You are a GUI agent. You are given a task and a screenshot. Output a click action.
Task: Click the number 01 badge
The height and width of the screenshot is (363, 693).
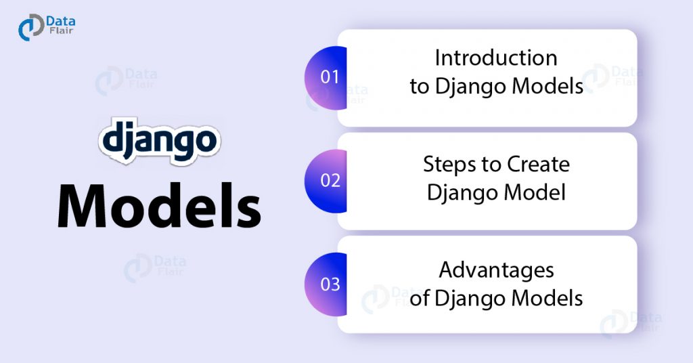[x=330, y=77]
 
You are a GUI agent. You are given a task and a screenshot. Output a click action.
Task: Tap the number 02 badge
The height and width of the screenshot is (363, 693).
[x=330, y=181]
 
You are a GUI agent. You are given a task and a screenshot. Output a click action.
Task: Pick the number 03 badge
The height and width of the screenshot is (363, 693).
[x=330, y=284]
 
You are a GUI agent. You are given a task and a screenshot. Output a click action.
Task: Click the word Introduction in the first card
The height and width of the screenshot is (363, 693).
[x=496, y=58]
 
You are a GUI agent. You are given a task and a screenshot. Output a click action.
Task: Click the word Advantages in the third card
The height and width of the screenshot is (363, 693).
[x=496, y=270]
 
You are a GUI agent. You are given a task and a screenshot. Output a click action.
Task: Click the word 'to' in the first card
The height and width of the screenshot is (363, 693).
[x=419, y=87]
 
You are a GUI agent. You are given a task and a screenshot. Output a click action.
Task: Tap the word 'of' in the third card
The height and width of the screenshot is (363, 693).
[x=420, y=297]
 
